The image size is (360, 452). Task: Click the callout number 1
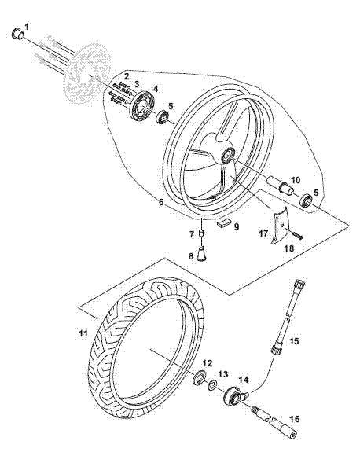coord(27,27)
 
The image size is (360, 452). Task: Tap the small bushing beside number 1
coord(17,34)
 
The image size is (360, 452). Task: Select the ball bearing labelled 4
coord(143,105)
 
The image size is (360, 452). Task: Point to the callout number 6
coord(161,202)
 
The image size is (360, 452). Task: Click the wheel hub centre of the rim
coord(229,155)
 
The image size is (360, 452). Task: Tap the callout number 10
coord(295,180)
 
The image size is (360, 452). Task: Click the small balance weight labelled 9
coord(224,222)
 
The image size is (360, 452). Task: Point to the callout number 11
coord(83,333)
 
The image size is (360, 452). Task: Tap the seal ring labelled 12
coord(199,377)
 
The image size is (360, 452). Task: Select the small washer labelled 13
coord(213,385)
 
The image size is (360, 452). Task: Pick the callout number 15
coord(294,341)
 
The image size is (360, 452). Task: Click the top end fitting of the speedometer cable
coord(299,284)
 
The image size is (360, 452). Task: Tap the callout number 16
coord(295,419)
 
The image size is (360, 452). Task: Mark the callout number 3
coord(136,84)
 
